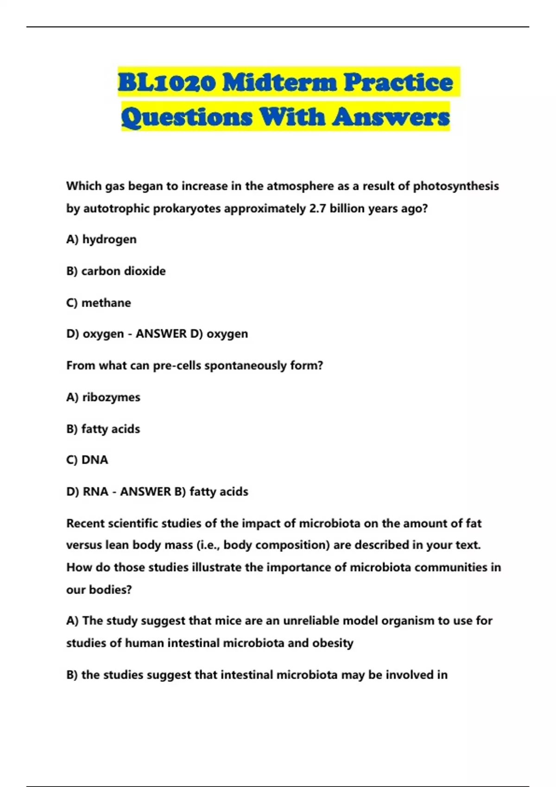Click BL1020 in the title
click(167, 83)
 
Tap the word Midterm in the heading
click(279, 83)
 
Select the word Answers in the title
click(391, 117)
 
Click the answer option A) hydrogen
click(101, 239)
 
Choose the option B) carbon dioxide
click(116, 271)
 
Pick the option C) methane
click(99, 303)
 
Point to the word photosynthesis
click(456, 186)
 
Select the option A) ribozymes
click(103, 397)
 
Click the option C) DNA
click(87, 460)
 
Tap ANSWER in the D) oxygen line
click(161, 334)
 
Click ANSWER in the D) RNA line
click(145, 492)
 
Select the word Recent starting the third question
click(85, 524)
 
